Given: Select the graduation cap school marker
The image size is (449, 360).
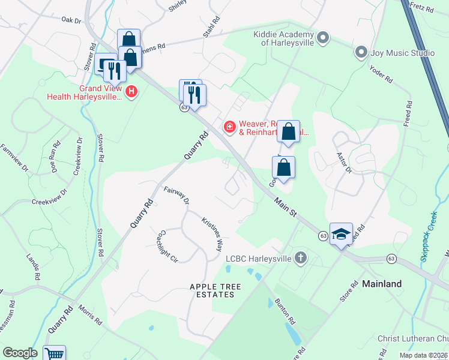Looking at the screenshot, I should pos(340,234).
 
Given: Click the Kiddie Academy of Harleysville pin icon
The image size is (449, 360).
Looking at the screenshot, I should pos(323,38).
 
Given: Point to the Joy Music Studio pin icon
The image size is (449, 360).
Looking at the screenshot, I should pos(361,53).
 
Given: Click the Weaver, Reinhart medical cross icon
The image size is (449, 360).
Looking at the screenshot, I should pos(229,127).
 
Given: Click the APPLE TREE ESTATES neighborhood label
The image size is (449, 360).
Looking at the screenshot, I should pos(211,290).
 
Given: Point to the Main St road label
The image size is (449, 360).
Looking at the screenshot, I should pos(286,205).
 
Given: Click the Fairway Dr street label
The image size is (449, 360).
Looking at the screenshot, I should pos(176,196).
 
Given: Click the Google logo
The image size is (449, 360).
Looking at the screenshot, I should pos(20,353).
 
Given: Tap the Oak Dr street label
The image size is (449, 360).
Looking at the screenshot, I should pos(71,20).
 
